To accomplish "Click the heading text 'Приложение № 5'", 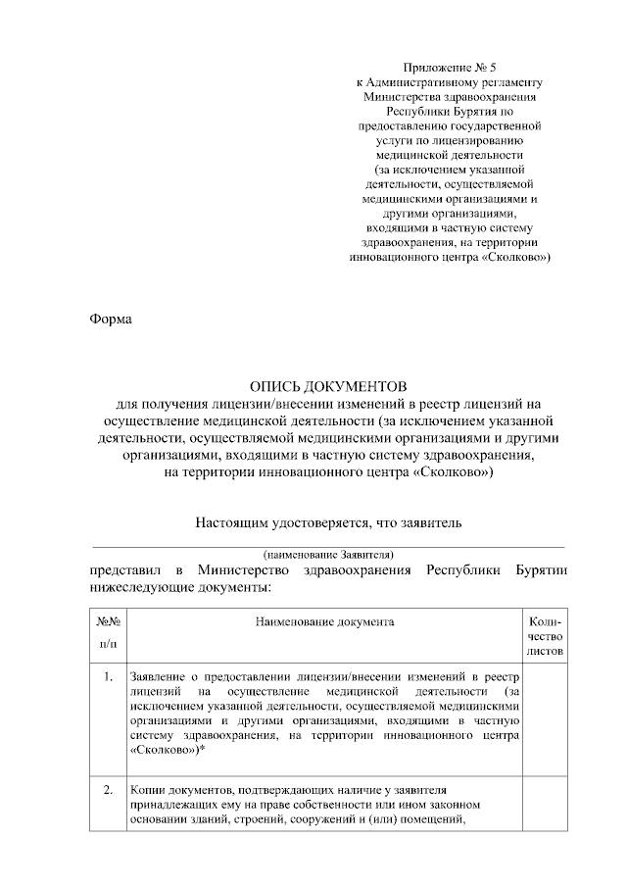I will (450, 68).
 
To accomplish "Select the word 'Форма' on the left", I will (110, 318).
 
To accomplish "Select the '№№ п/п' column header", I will (108, 632).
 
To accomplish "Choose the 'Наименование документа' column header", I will (326, 621).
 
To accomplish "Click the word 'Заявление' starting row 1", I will (159, 677).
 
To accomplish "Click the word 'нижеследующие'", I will (138, 586).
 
